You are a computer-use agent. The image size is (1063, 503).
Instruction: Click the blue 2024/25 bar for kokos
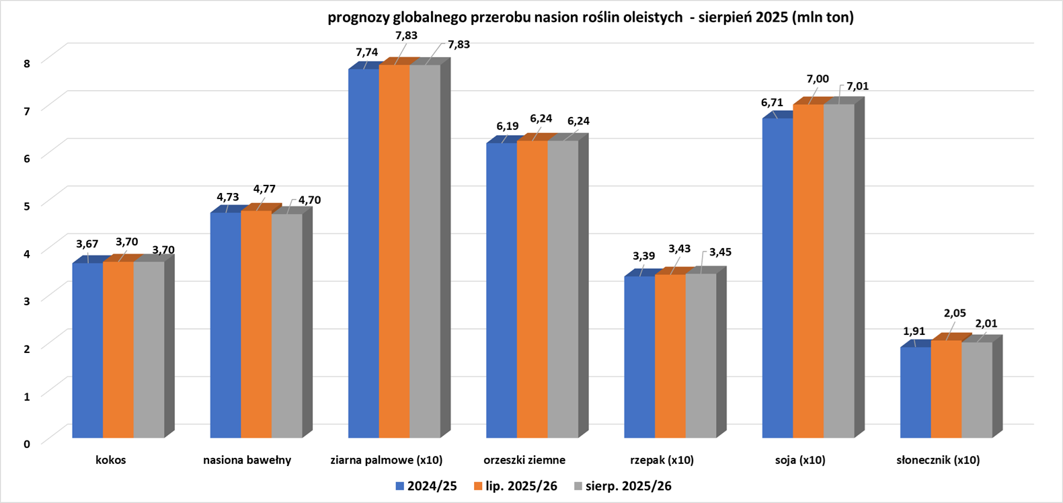[87, 350]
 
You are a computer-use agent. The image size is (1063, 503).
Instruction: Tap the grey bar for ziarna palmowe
[425, 251]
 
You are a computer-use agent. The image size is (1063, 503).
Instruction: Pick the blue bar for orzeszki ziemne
[502, 290]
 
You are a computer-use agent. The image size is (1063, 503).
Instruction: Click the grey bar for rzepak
[701, 356]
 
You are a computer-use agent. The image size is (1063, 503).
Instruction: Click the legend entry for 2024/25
[426, 486]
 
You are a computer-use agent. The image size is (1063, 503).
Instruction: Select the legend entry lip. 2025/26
[516, 486]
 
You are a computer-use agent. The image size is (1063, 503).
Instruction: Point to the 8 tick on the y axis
[26, 63]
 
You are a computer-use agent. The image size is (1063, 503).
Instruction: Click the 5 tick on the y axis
[26, 206]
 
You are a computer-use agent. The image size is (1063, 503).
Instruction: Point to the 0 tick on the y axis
[26, 443]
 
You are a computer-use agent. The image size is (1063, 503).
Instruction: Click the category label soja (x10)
[799, 461]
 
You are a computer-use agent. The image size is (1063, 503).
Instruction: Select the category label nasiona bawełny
[247, 461]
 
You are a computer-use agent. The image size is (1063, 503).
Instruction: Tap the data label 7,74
[367, 52]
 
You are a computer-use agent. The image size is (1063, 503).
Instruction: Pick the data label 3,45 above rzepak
[719, 252]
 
